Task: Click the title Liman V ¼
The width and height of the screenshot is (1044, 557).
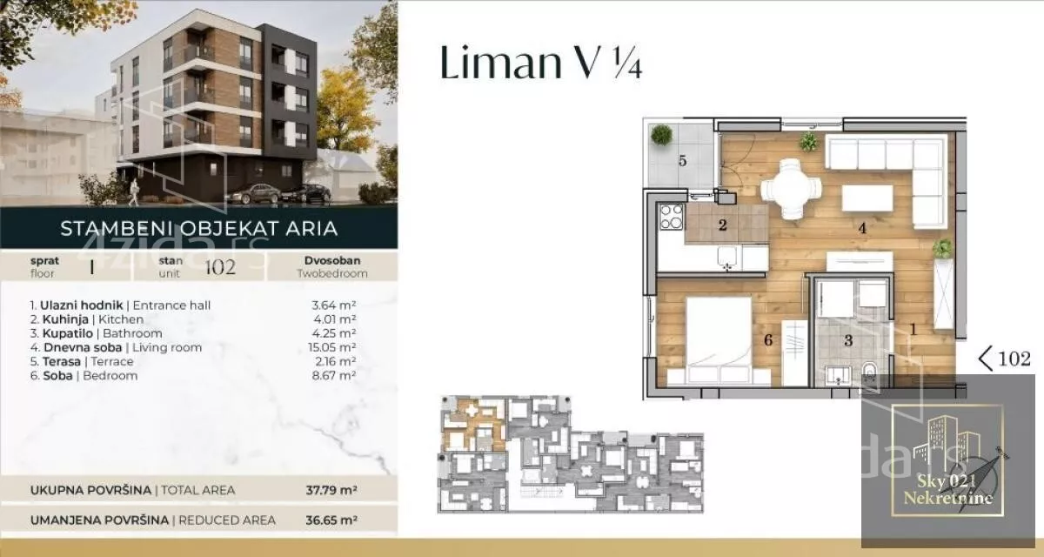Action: pos(541,63)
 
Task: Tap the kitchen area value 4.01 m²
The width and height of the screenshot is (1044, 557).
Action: pos(335,319)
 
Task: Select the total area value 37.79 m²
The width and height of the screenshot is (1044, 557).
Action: pos(331,490)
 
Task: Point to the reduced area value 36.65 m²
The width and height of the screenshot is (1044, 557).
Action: pos(331,520)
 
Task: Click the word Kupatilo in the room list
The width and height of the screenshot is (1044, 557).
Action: pos(68,333)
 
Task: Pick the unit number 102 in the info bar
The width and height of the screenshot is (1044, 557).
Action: pos(220,266)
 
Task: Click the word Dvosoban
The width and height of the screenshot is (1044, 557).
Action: pos(332,260)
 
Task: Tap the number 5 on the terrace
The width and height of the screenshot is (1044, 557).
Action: pos(682,161)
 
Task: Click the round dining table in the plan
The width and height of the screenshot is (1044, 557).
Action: pos(791,189)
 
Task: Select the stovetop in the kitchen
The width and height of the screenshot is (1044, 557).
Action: pos(672,218)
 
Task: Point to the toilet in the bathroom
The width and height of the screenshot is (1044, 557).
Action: pos(869,374)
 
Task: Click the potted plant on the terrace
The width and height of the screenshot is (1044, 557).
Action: pos(661,135)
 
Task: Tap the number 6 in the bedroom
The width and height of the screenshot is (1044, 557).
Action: pos(768,339)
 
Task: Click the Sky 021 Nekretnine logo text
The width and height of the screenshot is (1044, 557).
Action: pos(947,489)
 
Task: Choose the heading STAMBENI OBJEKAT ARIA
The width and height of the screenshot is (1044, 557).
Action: pos(199,228)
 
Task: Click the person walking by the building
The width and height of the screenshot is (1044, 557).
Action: pos(133,192)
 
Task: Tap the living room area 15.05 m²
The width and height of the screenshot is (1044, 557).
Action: pos(331,347)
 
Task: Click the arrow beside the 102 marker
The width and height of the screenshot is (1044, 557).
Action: pos(985,359)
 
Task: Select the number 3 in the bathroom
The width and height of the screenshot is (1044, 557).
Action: pos(848,340)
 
